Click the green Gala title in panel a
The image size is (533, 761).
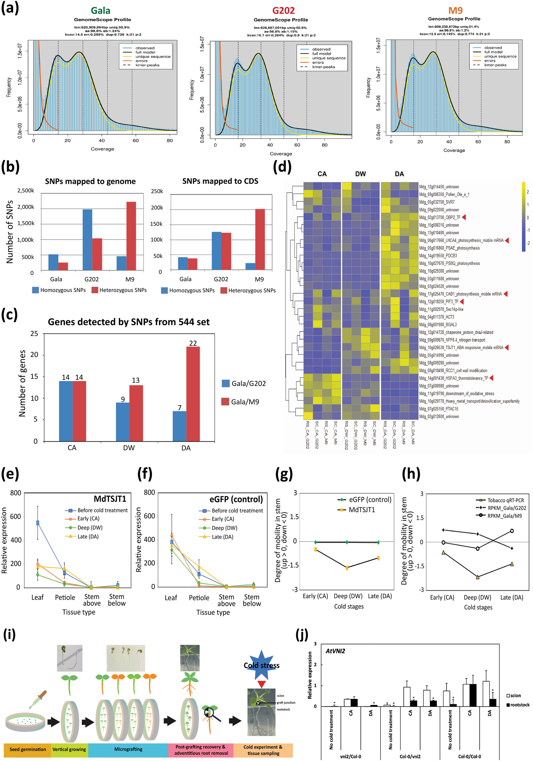pyautogui.click(x=100, y=11)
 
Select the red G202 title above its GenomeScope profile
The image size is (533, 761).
pyautogui.click(x=283, y=11)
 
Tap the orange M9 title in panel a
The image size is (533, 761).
pyautogui.click(x=455, y=11)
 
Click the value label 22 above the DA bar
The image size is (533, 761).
pyautogui.click(x=193, y=343)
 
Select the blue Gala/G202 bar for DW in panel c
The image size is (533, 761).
pyautogui.click(x=123, y=422)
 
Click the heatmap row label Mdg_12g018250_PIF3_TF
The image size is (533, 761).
pyautogui.click(x=439, y=302)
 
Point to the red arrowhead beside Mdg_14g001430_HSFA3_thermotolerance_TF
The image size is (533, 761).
pyautogui.click(x=491, y=378)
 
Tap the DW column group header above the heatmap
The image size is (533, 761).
pyautogui.click(x=360, y=174)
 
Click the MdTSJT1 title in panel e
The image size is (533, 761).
pyautogui.click(x=110, y=499)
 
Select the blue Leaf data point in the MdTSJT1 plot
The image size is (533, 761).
pyautogui.click(x=38, y=523)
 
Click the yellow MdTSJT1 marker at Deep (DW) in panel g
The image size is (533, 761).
pyautogui.click(x=347, y=568)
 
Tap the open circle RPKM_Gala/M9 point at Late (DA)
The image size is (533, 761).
pyautogui.click(x=512, y=531)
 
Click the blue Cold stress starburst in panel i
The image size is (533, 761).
pyautogui.click(x=262, y=665)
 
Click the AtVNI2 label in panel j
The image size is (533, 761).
pyautogui.click(x=335, y=651)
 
